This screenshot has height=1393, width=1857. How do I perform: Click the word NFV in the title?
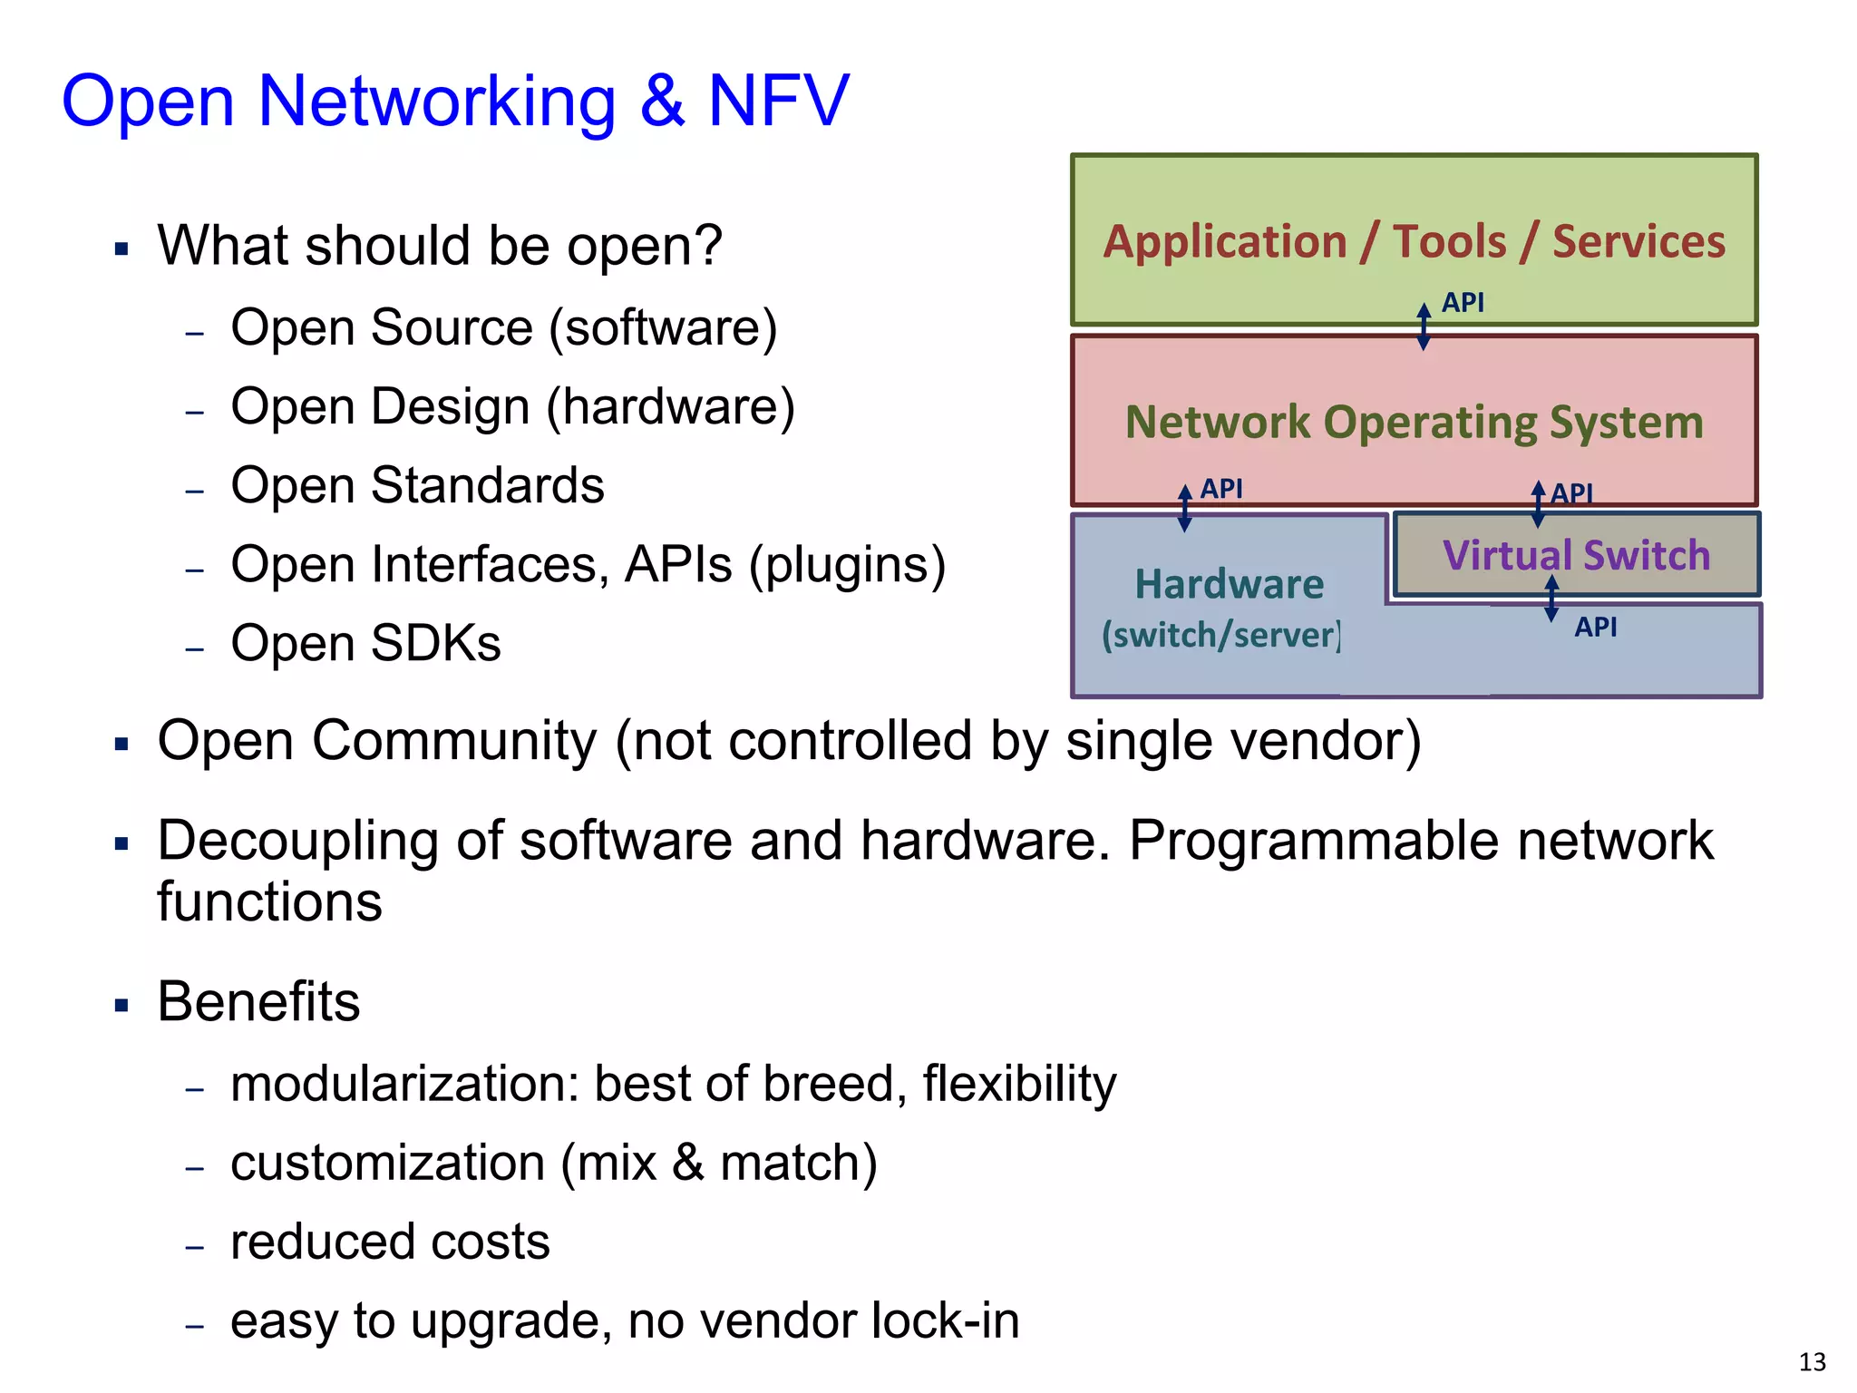point(778,100)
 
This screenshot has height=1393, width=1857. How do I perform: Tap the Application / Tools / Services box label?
point(1414,241)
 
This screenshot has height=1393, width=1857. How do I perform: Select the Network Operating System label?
point(1414,422)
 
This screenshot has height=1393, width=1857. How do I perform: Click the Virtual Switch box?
point(1576,555)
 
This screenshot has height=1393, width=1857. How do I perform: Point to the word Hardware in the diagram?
point(1229,584)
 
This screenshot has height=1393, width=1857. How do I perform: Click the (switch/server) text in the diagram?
point(1220,635)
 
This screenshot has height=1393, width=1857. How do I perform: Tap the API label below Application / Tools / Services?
point(1463,302)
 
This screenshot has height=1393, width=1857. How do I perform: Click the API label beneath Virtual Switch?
point(1595,627)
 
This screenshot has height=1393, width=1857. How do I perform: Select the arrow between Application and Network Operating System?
point(1424,326)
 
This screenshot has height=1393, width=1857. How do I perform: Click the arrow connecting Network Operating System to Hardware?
point(1184,508)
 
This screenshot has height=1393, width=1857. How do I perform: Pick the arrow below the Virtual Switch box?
point(1551,599)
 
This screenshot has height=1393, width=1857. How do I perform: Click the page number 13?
point(1812,1362)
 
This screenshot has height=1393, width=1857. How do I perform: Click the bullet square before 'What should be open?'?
point(122,248)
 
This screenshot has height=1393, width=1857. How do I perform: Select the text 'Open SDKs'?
point(365,643)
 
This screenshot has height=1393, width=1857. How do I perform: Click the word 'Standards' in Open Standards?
point(488,485)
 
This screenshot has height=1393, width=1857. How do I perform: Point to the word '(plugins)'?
point(847,565)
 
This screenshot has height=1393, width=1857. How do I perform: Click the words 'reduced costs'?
point(390,1242)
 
